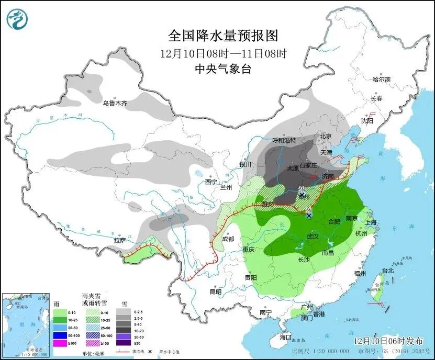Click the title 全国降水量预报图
[222, 36]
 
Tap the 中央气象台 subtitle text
[222, 69]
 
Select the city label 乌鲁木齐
[115, 104]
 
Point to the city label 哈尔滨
[381, 80]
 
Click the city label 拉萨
[120, 241]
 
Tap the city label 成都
[228, 239]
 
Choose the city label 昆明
[216, 291]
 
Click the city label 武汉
[313, 237]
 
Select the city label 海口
[285, 337]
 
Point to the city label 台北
[387, 271]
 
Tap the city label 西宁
[211, 182]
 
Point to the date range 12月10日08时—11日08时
[224, 53]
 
